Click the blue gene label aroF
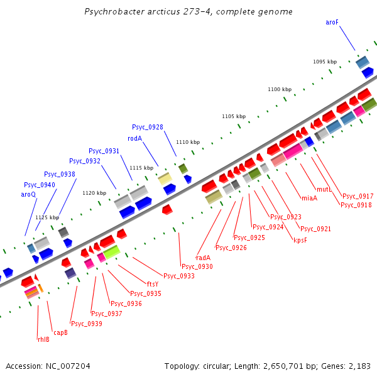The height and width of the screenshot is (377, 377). pyautogui.click(x=332, y=22)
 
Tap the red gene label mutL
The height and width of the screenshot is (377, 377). pyautogui.click(x=324, y=189)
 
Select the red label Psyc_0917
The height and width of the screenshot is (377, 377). pyautogui.click(x=358, y=196)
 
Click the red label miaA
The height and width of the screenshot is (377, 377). pyautogui.click(x=309, y=198)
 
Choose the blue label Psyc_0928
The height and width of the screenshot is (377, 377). pyautogui.click(x=148, y=128)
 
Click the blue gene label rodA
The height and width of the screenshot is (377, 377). pyautogui.click(x=135, y=138)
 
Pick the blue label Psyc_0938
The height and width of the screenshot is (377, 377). pyautogui.click(x=60, y=174)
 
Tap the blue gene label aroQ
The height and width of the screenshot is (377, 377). pyautogui.click(x=29, y=195)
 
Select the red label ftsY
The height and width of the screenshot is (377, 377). pyautogui.click(x=153, y=284)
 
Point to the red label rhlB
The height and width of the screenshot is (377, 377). pyautogui.click(x=43, y=339)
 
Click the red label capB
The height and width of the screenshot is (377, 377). pyautogui.click(x=60, y=332)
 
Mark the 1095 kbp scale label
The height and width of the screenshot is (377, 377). pyautogui.click(x=325, y=62)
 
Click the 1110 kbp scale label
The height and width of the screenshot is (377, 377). pyautogui.click(x=188, y=143)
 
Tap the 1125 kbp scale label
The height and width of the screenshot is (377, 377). pyautogui.click(x=47, y=217)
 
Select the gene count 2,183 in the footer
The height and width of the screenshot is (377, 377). pyautogui.click(x=358, y=366)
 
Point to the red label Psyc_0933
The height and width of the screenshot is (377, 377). pyautogui.click(x=179, y=276)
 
